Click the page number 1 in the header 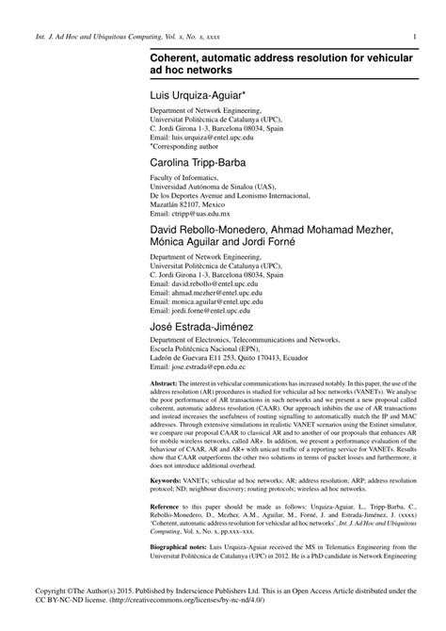[x=415, y=38]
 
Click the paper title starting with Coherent [x=279, y=65]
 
